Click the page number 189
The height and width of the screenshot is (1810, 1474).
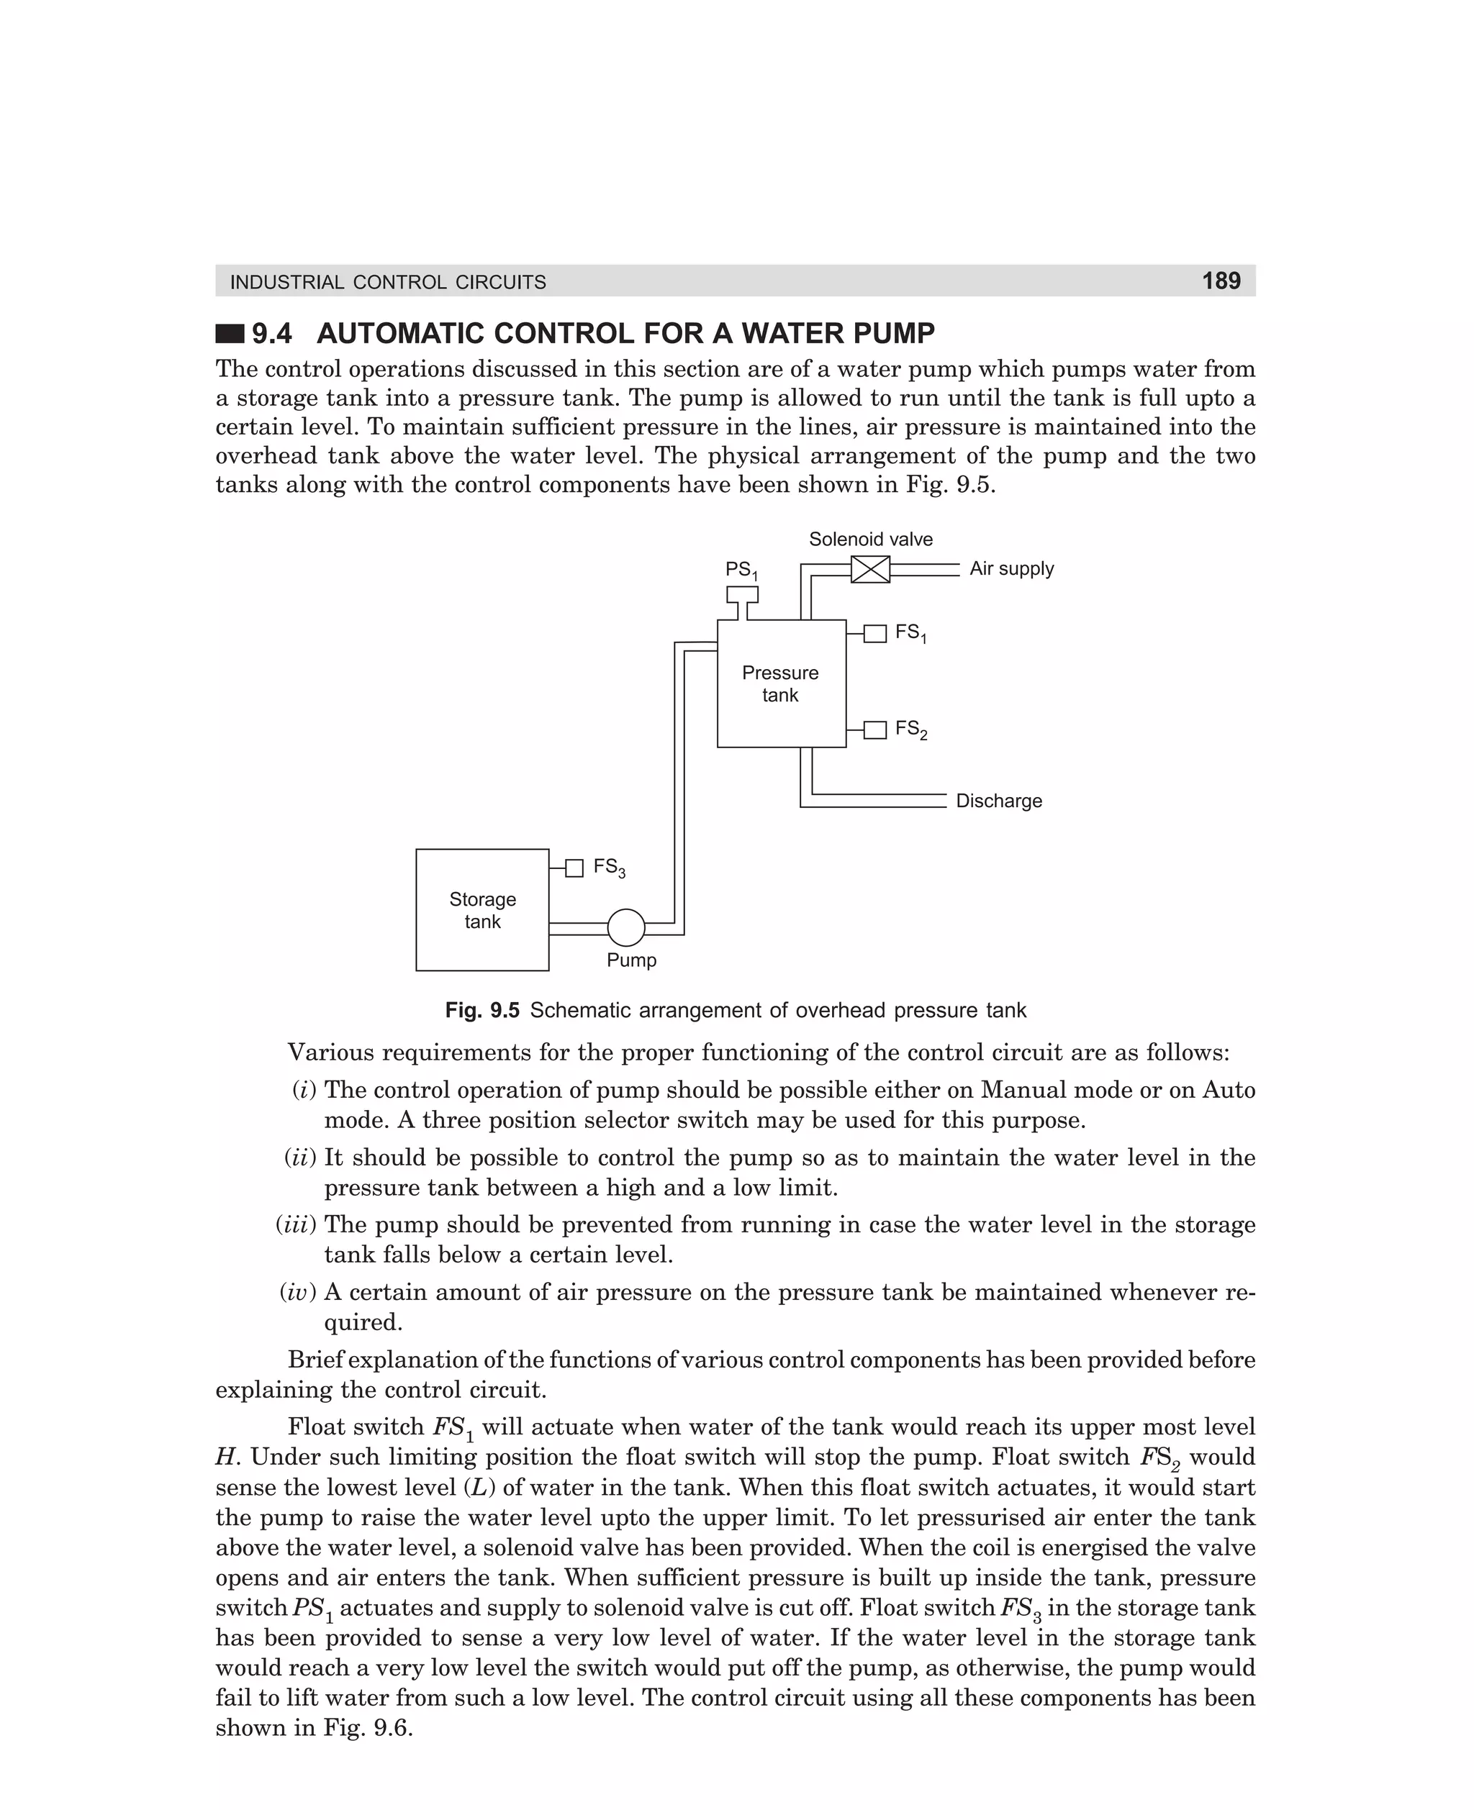pos(1221,281)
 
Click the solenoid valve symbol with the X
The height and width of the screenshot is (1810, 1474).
pos(870,568)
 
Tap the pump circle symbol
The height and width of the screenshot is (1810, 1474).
pos(625,927)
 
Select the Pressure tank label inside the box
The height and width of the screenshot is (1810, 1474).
pos(780,684)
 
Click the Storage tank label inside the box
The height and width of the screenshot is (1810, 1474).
pos(482,911)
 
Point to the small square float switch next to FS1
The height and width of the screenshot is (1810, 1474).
pos(874,633)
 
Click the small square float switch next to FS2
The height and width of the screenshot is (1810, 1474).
pos(874,729)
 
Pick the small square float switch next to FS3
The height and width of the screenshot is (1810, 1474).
pos(575,868)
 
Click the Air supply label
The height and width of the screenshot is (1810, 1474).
pos(1011,568)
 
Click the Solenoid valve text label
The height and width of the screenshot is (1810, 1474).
pos(870,540)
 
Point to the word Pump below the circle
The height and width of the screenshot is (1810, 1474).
pos(631,960)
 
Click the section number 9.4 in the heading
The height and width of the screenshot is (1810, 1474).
pos(272,334)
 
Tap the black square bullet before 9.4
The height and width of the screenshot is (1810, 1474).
pos(230,334)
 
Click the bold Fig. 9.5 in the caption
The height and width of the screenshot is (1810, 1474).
pos(481,1011)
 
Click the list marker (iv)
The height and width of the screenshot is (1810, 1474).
pos(298,1292)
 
